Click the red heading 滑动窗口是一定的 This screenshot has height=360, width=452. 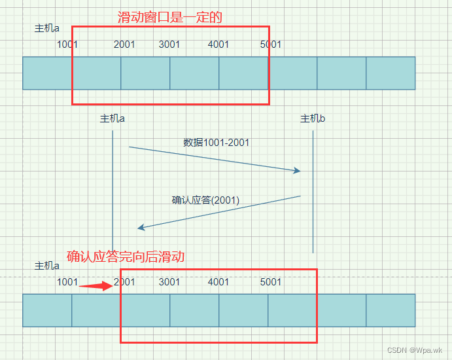point(170,17)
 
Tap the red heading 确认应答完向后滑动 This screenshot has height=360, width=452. point(126,257)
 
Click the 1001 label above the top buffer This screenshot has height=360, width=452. point(67,45)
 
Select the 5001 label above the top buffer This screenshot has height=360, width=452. point(271,45)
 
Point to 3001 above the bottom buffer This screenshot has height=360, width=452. point(169,282)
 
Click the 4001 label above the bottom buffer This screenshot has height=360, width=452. point(218,282)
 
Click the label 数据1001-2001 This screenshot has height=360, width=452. point(216,142)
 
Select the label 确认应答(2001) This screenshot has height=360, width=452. point(205,200)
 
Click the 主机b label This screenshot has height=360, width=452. point(313,118)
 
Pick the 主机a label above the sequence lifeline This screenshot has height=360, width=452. point(113,118)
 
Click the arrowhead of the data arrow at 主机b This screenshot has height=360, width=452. point(297,171)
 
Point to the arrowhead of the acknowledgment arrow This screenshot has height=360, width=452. point(141,228)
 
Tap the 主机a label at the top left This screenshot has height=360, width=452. point(46,29)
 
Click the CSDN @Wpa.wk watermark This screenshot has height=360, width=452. point(415,350)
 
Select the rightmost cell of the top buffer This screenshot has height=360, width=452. point(391,73)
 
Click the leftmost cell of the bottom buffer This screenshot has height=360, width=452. point(47,310)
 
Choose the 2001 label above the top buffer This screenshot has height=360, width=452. point(124,45)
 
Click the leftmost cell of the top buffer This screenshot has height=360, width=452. point(47,73)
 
